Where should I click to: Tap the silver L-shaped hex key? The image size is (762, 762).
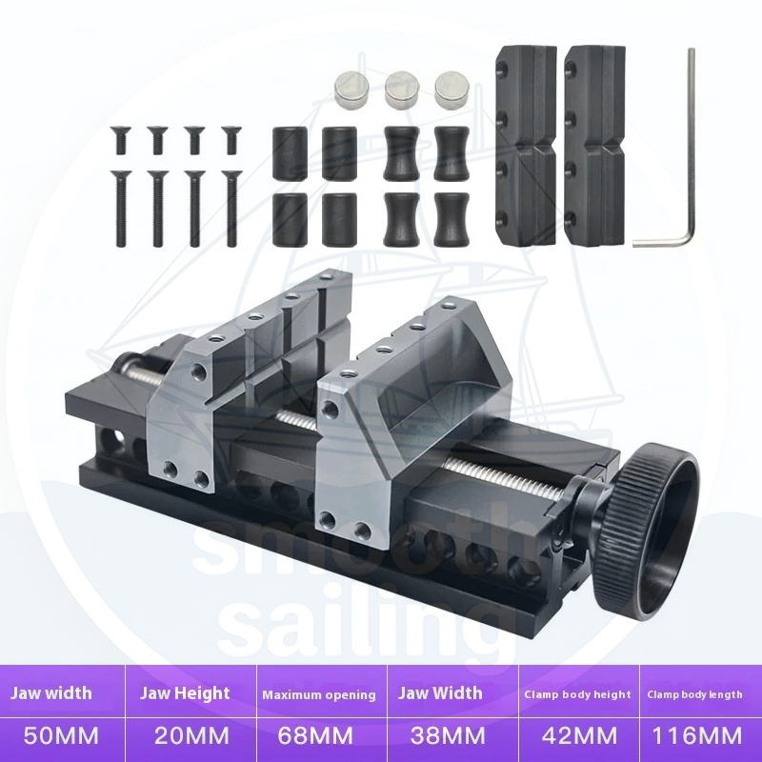[688, 146]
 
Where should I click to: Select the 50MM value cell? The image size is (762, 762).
[61, 735]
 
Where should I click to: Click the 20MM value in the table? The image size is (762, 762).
[192, 735]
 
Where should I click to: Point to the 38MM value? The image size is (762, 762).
[448, 735]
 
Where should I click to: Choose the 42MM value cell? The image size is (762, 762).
[580, 735]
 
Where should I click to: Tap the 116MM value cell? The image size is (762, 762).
[696, 735]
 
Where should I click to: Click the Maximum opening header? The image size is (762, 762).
[319, 695]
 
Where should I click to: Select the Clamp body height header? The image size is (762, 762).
[577, 694]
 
